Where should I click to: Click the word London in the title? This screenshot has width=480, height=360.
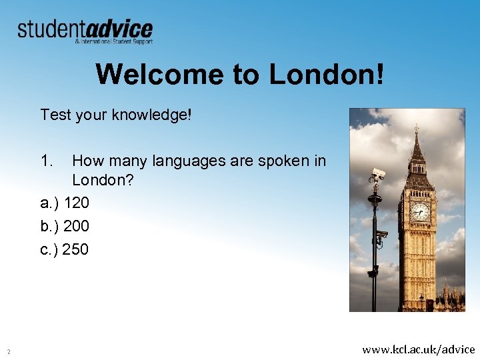coord(326,74)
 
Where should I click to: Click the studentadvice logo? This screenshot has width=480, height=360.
coord(85,30)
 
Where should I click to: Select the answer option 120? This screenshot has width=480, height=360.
coord(77,203)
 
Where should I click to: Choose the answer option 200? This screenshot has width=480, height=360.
coord(77,226)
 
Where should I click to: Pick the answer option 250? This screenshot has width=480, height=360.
coord(76,249)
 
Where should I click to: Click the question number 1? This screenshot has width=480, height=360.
coord(46,161)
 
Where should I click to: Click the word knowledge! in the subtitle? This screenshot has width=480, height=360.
coord(151,115)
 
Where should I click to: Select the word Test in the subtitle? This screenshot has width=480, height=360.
coord(55,115)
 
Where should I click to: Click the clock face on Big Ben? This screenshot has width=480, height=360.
coord(420,211)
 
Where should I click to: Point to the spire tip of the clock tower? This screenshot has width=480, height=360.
coord(416,127)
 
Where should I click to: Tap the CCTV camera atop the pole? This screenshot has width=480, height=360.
coord(378,174)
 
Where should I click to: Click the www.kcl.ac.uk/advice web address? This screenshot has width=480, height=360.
coord(418,349)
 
